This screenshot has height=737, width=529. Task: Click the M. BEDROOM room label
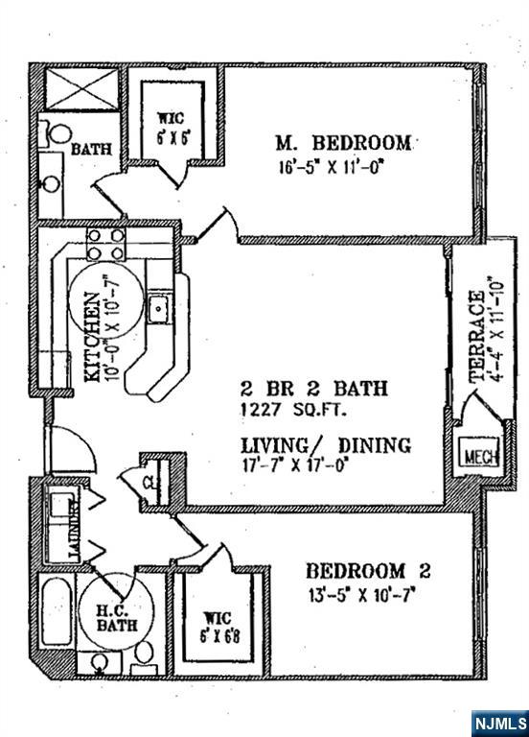click(x=343, y=143)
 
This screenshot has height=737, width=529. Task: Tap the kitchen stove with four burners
click(x=105, y=245)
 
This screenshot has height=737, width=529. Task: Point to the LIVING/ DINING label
click(x=326, y=445)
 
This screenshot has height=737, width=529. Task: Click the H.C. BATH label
click(x=116, y=617)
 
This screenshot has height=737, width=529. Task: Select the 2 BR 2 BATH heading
click(x=313, y=389)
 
